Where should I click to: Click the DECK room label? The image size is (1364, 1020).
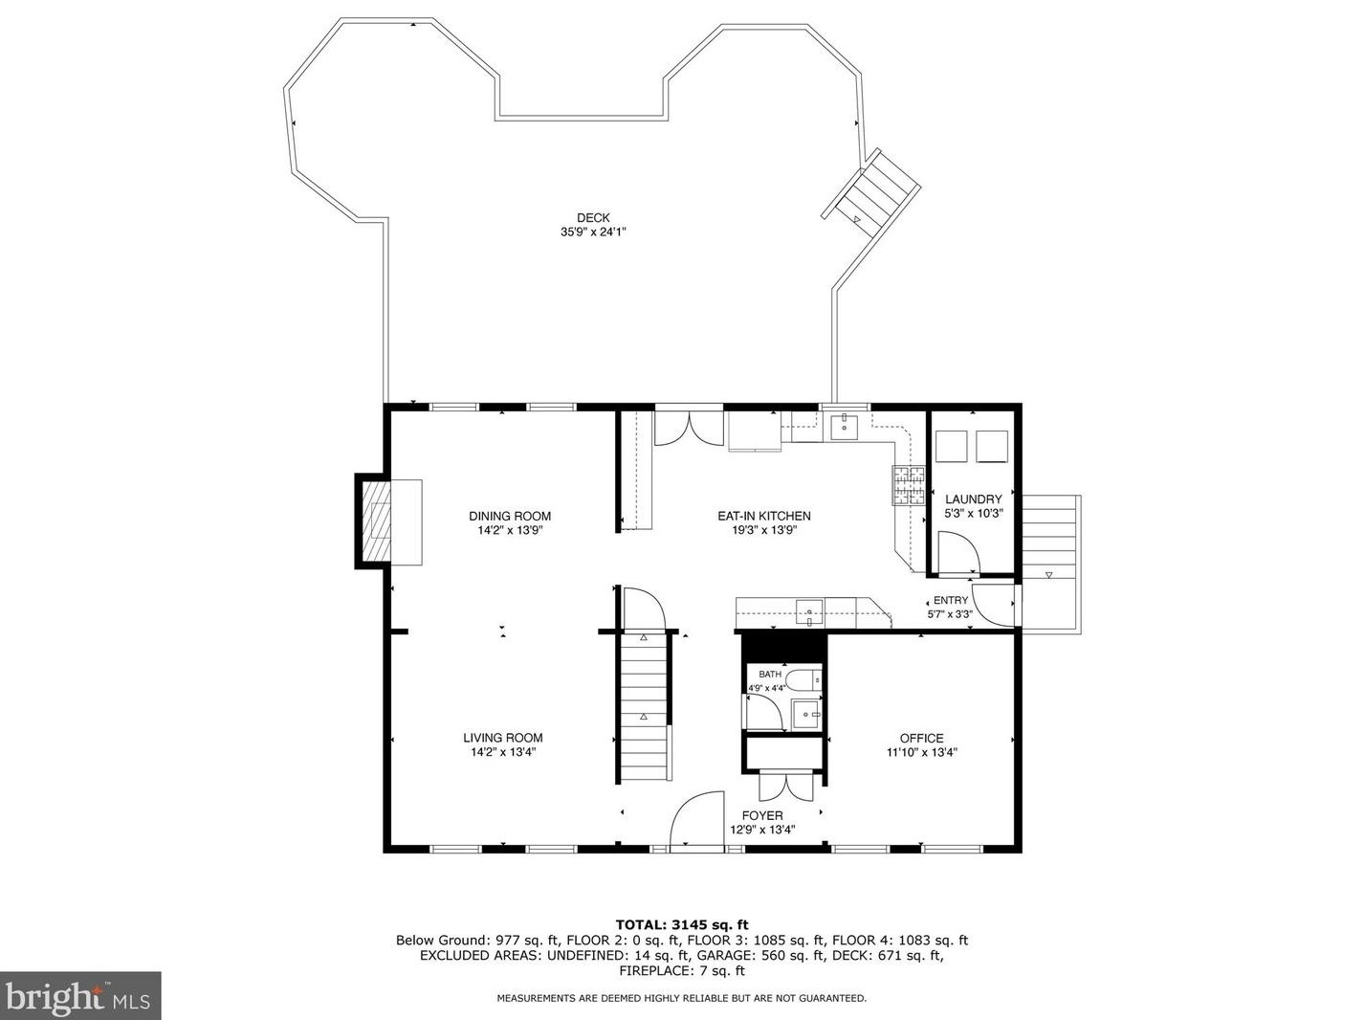(x=593, y=217)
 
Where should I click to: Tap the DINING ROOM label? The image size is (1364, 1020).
(x=510, y=516)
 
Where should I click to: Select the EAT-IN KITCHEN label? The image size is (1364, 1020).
(x=763, y=516)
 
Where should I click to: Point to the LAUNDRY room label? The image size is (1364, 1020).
(x=973, y=499)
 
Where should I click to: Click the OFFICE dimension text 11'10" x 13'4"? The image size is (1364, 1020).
(x=921, y=752)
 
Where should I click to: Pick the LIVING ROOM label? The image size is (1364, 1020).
(x=503, y=738)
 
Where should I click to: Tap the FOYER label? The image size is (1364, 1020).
(x=761, y=815)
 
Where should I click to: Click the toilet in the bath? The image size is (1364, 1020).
(x=803, y=680)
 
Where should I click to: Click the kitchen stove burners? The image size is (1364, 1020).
(x=909, y=485)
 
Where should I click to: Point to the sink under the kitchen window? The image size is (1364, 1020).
(x=844, y=426)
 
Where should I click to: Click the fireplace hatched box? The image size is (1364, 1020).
(x=377, y=521)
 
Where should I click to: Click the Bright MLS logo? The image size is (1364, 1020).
(x=80, y=995)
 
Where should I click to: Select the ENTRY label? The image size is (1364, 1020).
(x=950, y=600)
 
